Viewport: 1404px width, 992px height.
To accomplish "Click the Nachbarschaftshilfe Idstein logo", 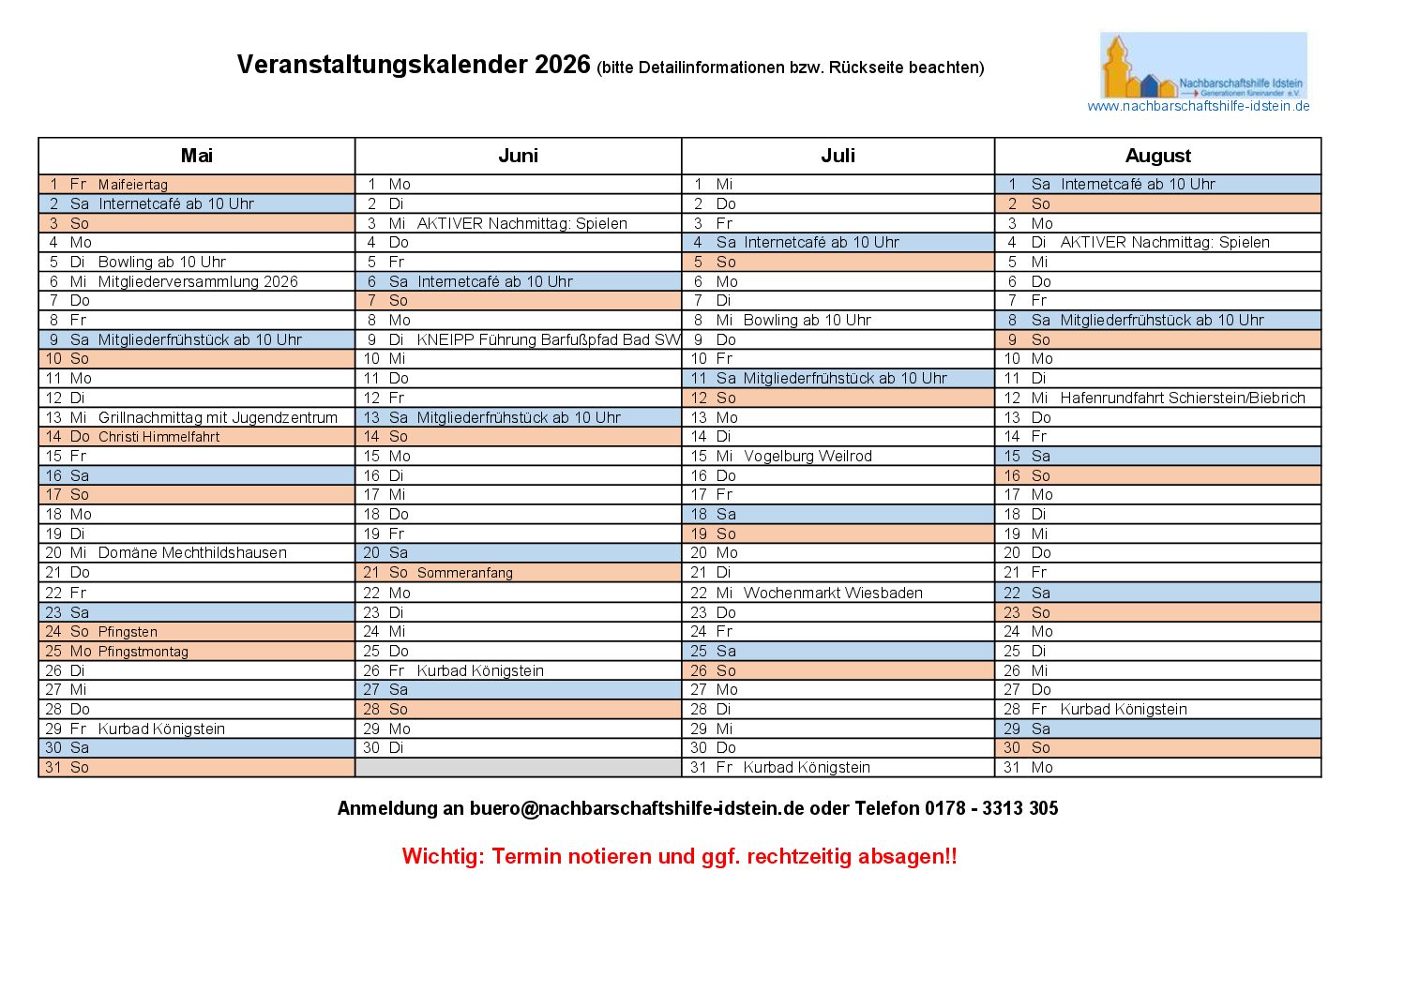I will tap(1203, 66).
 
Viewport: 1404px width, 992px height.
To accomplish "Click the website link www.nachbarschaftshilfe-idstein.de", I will tap(1198, 106).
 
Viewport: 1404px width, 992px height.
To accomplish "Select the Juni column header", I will tap(518, 156).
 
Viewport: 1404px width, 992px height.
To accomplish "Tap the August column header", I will tap(1157, 156).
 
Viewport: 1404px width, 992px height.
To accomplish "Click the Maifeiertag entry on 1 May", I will tap(133, 185).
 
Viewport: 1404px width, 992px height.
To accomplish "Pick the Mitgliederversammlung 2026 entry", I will tap(198, 281).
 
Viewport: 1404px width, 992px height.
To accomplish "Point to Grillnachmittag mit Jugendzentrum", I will tap(218, 417).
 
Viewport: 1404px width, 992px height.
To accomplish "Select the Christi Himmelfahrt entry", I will tap(159, 437).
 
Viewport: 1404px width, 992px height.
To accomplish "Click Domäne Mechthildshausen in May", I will tap(192, 553).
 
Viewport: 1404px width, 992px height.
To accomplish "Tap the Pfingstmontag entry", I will tap(143, 652).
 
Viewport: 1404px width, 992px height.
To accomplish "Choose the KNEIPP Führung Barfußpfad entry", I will tap(548, 339).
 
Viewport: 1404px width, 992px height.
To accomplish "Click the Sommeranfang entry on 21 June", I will tap(464, 573).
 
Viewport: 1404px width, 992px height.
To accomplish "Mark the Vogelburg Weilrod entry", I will tap(808, 457).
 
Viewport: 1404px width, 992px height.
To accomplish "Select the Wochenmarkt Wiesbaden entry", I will tap(833, 593).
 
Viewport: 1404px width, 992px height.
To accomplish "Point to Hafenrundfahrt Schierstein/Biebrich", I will tap(1182, 398).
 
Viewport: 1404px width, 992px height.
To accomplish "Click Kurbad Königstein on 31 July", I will tap(807, 768).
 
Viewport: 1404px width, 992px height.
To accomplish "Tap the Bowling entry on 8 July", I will tap(807, 321).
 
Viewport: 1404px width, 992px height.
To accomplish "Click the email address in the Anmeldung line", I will tap(637, 808).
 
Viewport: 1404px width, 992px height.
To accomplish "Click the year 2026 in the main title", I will tap(563, 65).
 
